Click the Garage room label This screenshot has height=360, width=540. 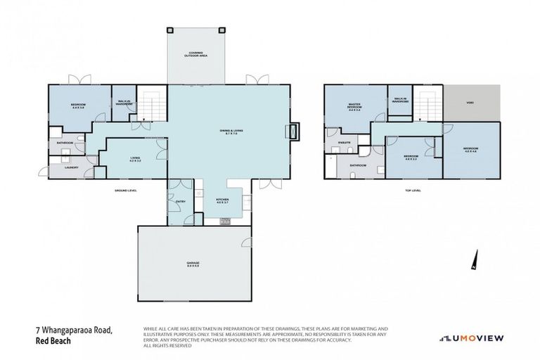click(193, 264)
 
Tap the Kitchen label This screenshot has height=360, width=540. click(222, 201)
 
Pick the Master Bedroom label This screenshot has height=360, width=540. click(354, 107)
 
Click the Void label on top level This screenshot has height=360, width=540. click(470, 103)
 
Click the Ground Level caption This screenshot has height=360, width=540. click(127, 190)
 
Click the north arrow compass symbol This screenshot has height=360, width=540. click(475, 260)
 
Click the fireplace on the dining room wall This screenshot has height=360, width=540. click(293, 131)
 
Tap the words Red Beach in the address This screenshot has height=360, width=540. click(54, 341)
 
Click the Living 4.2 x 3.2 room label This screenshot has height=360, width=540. click(136, 160)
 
